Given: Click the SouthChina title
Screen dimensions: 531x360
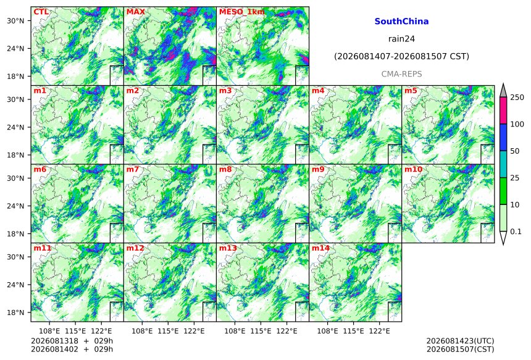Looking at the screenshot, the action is click(401, 22).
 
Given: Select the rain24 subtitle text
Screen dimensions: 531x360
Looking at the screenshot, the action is click(401, 39).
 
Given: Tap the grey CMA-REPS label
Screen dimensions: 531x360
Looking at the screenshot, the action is click(401, 74).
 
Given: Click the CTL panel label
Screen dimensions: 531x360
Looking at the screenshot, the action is click(41, 12).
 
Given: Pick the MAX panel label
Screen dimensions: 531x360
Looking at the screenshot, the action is click(135, 12).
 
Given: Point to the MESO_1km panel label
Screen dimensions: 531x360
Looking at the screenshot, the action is click(242, 12).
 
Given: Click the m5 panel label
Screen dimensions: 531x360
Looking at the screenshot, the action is click(411, 91).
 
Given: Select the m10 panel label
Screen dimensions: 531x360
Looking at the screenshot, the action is click(413, 169).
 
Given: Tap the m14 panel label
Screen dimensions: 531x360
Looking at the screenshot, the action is click(320, 248).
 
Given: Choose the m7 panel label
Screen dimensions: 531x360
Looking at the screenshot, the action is click(133, 169).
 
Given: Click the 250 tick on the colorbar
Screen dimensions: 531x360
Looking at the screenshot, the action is click(517, 98).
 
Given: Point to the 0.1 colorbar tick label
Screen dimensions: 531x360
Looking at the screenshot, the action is click(516, 232).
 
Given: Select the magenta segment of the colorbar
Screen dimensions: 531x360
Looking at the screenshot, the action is click(503, 111).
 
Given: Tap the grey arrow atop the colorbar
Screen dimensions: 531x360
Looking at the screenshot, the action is click(503, 90).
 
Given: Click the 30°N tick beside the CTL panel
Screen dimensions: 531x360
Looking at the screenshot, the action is click(15, 21).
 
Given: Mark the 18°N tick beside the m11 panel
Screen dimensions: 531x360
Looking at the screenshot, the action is click(15, 312).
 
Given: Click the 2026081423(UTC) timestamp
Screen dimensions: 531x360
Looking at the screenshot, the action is click(460, 341).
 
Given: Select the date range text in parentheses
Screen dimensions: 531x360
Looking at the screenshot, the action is click(401, 56).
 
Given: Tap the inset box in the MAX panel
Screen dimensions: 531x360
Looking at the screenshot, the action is click(209, 75).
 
